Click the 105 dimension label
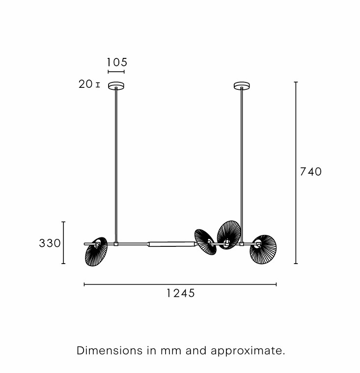117,62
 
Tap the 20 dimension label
85,84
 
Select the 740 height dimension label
311,171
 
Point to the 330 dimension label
50,243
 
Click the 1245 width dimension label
181,293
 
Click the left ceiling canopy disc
116,85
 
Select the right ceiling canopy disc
242,85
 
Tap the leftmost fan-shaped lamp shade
96,252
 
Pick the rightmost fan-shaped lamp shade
263,249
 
